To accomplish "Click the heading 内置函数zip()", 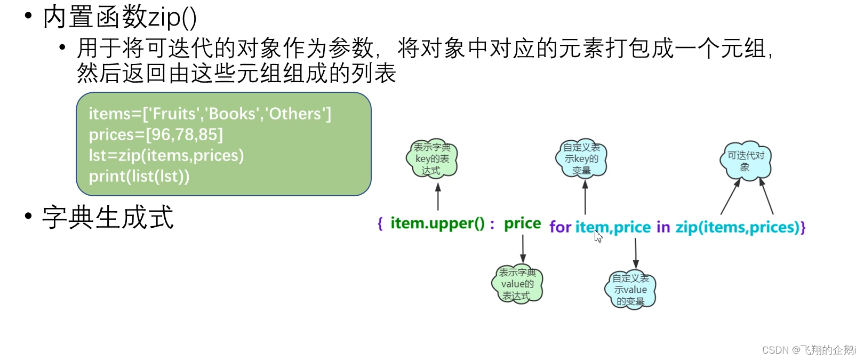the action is coord(119,17).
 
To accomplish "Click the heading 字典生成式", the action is coord(108,218).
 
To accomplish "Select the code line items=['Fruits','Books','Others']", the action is coord(210,114).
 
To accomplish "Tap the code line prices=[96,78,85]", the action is coord(156,134).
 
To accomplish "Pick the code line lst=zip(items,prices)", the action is coord(166,155).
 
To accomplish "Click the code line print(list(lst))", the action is coord(139,176).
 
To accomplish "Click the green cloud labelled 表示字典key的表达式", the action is coord(433,158).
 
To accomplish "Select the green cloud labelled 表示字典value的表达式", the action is coord(517,284).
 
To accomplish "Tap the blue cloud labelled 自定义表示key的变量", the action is coord(581,158).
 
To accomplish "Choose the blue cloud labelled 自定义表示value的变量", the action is coord(630,290).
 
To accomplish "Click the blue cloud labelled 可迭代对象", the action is coord(746,161).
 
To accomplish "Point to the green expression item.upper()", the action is coord(437,223).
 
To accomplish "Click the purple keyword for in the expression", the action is coord(560,227).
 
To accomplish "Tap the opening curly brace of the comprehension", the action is coord(380,223).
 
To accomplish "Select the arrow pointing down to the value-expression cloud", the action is coord(523,249).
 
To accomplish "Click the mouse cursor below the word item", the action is coord(598,236).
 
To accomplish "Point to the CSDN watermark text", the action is coord(808,350).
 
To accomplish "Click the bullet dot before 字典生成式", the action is coord(28,216).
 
